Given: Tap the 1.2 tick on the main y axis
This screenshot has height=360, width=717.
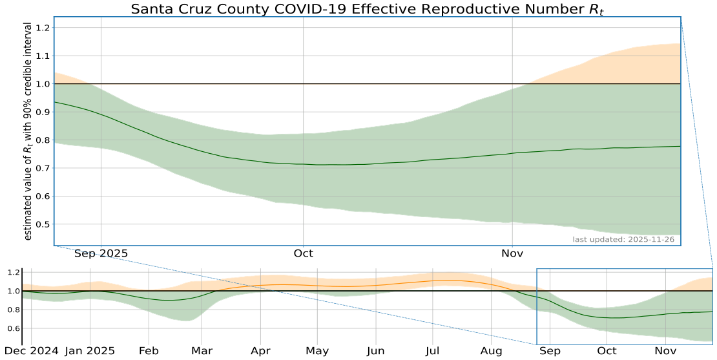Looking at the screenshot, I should [x=43, y=28].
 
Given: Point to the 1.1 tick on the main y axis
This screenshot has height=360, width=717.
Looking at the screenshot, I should [x=43, y=56].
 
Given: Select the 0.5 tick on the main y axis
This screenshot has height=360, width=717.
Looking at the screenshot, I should [x=43, y=224].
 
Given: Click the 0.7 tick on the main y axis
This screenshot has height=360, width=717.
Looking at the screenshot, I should [x=43, y=168].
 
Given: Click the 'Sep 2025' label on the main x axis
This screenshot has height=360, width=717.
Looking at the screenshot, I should [x=101, y=253].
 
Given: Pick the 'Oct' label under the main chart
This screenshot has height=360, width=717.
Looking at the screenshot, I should [x=303, y=253].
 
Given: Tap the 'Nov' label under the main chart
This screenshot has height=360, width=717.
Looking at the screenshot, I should [x=512, y=253].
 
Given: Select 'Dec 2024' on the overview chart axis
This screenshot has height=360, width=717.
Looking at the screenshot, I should [x=31, y=351].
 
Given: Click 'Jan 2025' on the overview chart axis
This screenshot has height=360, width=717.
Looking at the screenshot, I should [x=90, y=351].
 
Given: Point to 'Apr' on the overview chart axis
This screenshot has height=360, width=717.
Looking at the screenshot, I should [x=261, y=351].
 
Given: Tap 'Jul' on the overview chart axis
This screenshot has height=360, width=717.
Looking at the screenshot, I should [x=433, y=351].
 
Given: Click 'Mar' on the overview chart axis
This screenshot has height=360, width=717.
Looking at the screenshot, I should [x=202, y=351].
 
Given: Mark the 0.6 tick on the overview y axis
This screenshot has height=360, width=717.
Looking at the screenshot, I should [x=12, y=329].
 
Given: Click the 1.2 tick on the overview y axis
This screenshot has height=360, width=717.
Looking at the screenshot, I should [x=12, y=273].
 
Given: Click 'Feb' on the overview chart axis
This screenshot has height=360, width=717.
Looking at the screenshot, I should [x=149, y=351].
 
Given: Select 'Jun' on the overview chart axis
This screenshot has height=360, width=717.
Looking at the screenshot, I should [x=376, y=351].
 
